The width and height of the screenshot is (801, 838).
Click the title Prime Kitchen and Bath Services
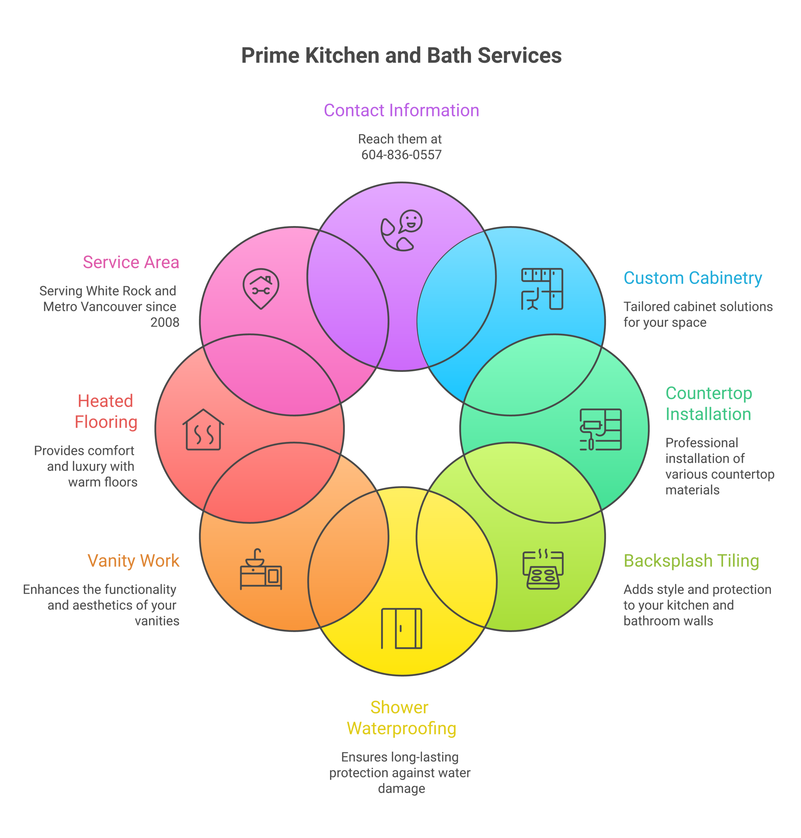click(x=401, y=55)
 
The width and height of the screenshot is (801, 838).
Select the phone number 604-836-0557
click(x=401, y=155)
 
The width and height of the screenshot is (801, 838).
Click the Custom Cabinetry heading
click(x=693, y=278)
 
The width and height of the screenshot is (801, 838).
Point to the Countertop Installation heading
click(x=709, y=404)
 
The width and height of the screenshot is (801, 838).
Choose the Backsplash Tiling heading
click(x=691, y=561)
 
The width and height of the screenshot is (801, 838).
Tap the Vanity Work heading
click(x=133, y=561)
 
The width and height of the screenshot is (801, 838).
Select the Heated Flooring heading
click(x=106, y=412)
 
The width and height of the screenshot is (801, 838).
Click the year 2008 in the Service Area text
click(x=165, y=322)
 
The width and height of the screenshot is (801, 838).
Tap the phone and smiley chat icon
click(x=401, y=230)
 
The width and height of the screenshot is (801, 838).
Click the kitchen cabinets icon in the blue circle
click(x=542, y=289)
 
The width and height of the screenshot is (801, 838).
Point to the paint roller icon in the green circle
click(x=600, y=430)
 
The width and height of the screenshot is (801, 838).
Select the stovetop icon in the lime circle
click(x=543, y=569)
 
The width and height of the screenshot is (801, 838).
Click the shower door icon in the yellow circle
click(x=401, y=628)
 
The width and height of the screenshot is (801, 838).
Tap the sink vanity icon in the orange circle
click(x=261, y=569)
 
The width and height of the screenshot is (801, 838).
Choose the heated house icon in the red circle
click(x=203, y=430)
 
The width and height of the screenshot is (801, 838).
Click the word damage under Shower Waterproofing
click(x=401, y=789)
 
